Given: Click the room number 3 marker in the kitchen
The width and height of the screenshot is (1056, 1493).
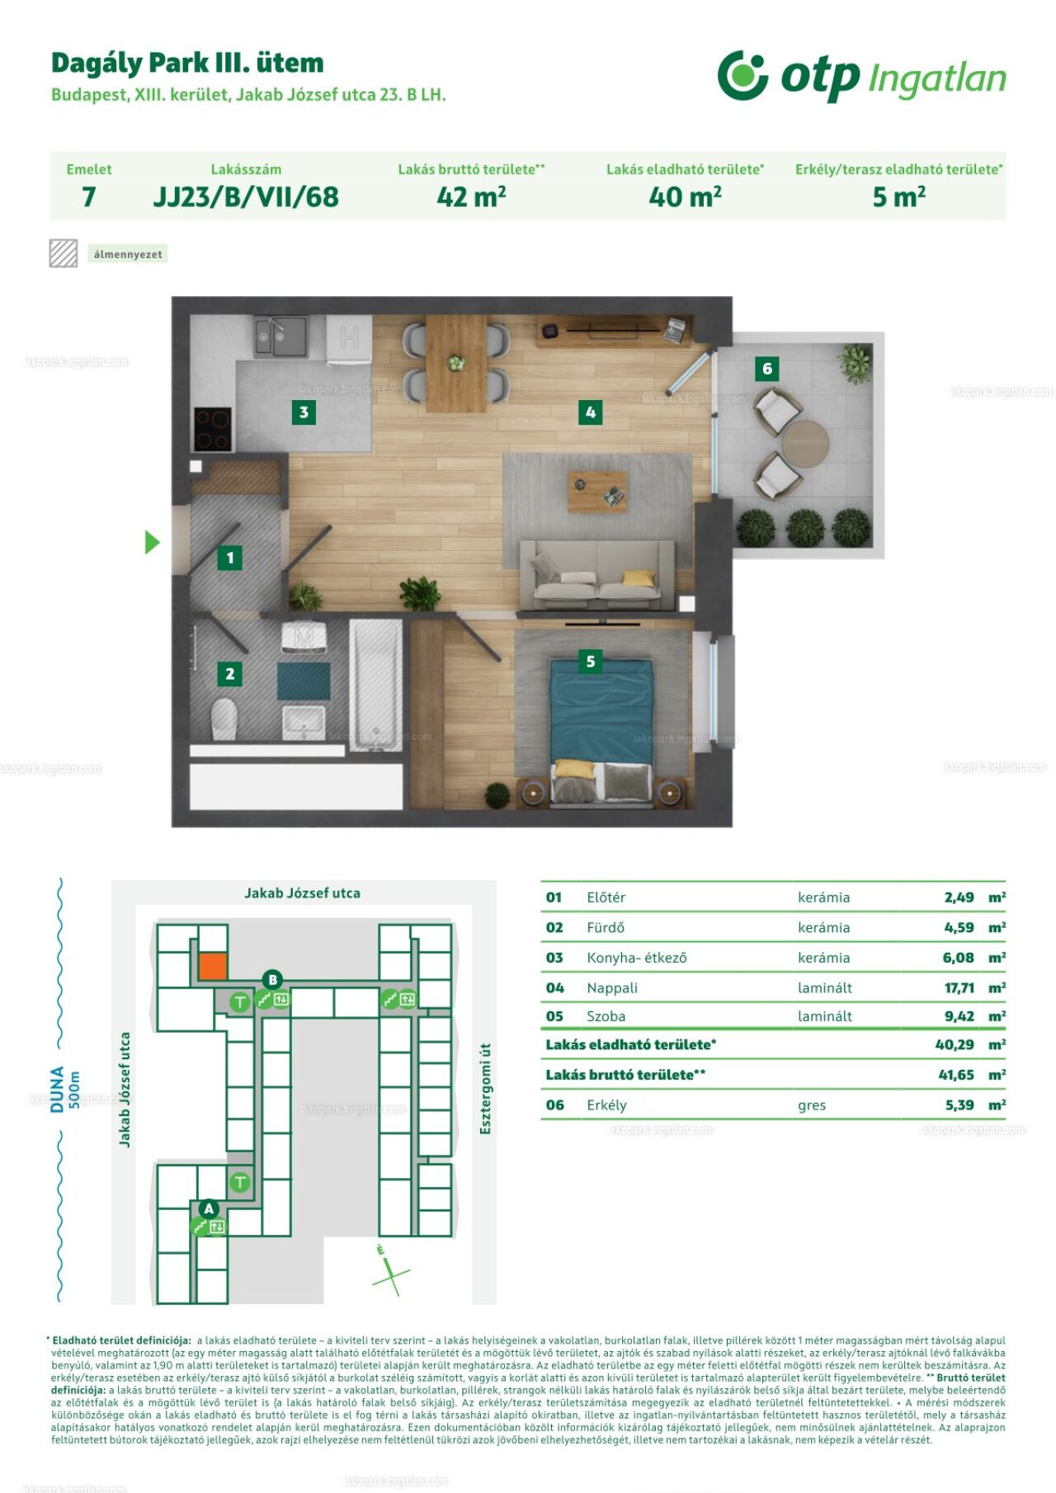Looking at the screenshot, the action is click(x=304, y=412).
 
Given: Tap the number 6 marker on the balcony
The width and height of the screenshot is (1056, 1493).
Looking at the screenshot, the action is click(x=767, y=369).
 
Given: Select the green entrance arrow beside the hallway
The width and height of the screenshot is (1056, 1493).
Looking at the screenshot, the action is click(x=153, y=542).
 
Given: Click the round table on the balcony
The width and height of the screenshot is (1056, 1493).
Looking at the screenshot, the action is click(x=805, y=444).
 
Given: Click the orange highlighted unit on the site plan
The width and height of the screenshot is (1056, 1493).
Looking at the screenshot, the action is click(x=213, y=966).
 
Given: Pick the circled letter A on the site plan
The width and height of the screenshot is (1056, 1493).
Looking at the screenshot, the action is click(x=209, y=1208).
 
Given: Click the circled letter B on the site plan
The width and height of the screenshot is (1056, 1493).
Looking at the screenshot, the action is click(x=272, y=980).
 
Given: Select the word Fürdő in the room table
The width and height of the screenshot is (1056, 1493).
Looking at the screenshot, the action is click(x=606, y=927).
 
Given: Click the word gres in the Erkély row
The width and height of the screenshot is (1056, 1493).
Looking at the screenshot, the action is click(x=812, y=1105).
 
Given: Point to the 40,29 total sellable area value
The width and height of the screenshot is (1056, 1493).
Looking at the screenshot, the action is click(x=955, y=1044).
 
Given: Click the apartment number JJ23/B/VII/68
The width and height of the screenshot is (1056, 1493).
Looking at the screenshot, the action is click(x=246, y=197).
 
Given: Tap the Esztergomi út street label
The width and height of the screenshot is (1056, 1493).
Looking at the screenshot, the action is click(x=485, y=1088).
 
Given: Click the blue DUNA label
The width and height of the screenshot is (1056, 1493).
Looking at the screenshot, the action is click(x=57, y=1089).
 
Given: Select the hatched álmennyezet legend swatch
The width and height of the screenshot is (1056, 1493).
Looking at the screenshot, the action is click(x=64, y=253).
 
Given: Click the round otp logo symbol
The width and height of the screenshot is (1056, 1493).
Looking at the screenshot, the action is click(x=742, y=75).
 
